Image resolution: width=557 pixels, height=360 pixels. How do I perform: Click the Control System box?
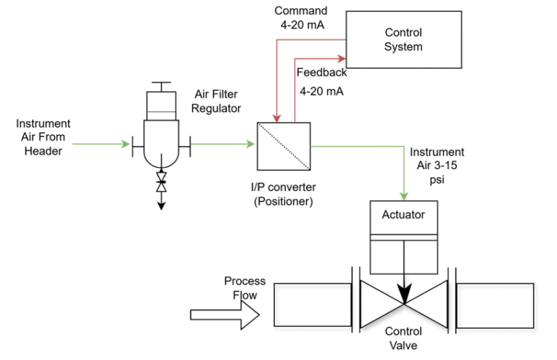[403, 40]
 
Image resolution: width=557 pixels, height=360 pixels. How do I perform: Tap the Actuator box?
[403, 216]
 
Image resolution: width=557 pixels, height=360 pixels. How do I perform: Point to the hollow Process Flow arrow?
[223, 315]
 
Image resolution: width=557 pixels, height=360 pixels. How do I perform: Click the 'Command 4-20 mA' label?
[301, 18]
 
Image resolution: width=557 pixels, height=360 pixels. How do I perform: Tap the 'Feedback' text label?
[321, 73]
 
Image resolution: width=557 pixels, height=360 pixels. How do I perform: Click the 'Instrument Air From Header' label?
[44, 137]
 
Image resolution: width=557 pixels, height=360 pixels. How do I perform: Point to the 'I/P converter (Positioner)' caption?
[283, 195]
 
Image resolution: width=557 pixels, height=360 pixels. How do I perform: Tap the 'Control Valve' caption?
[403, 338]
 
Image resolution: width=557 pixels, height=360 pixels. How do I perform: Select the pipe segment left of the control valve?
[312, 305]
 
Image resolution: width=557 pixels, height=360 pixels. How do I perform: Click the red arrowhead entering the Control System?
[341, 55]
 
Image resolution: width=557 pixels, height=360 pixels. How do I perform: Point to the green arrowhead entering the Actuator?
[403, 196]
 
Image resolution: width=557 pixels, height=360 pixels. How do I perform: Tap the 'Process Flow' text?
[244, 288]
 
